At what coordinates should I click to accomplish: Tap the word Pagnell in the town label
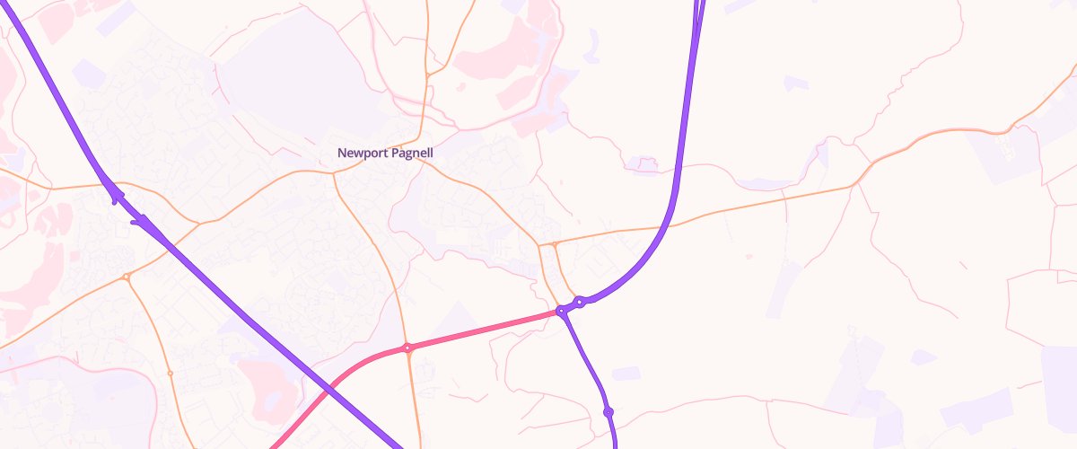412,154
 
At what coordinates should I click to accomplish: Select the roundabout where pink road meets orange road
407,348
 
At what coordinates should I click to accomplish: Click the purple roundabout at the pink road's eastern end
562,311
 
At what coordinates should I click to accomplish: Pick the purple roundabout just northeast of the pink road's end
581,302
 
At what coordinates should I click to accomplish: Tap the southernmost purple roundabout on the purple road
608,411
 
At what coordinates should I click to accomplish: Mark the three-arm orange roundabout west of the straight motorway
127,277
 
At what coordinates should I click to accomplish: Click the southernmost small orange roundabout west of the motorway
170,373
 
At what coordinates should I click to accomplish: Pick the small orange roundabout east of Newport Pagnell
555,243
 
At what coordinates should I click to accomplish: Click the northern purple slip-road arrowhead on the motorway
115,195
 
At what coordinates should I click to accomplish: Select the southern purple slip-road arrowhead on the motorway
141,220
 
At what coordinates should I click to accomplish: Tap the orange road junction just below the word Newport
333,172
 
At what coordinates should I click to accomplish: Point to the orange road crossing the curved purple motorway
669,225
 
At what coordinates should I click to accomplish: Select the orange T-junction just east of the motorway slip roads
197,222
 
